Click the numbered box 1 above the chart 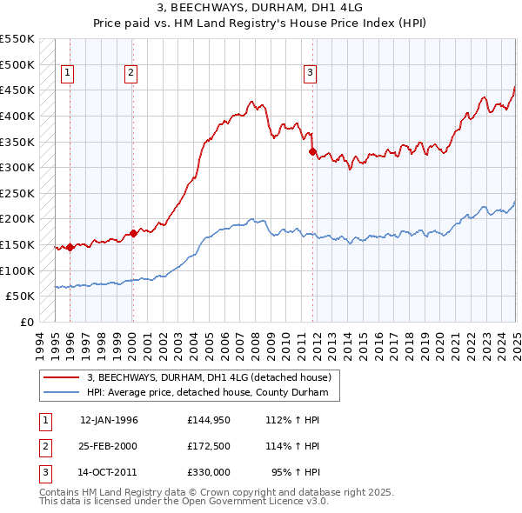(x=68, y=74)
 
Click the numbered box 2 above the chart (x=130, y=74)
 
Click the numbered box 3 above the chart (x=310, y=74)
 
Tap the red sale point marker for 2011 (x=311, y=151)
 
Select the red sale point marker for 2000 (x=133, y=233)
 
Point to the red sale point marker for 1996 (x=70, y=247)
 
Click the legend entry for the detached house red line (x=209, y=378)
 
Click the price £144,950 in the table (x=208, y=420)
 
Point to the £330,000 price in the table (x=208, y=473)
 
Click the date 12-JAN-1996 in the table (x=109, y=420)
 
